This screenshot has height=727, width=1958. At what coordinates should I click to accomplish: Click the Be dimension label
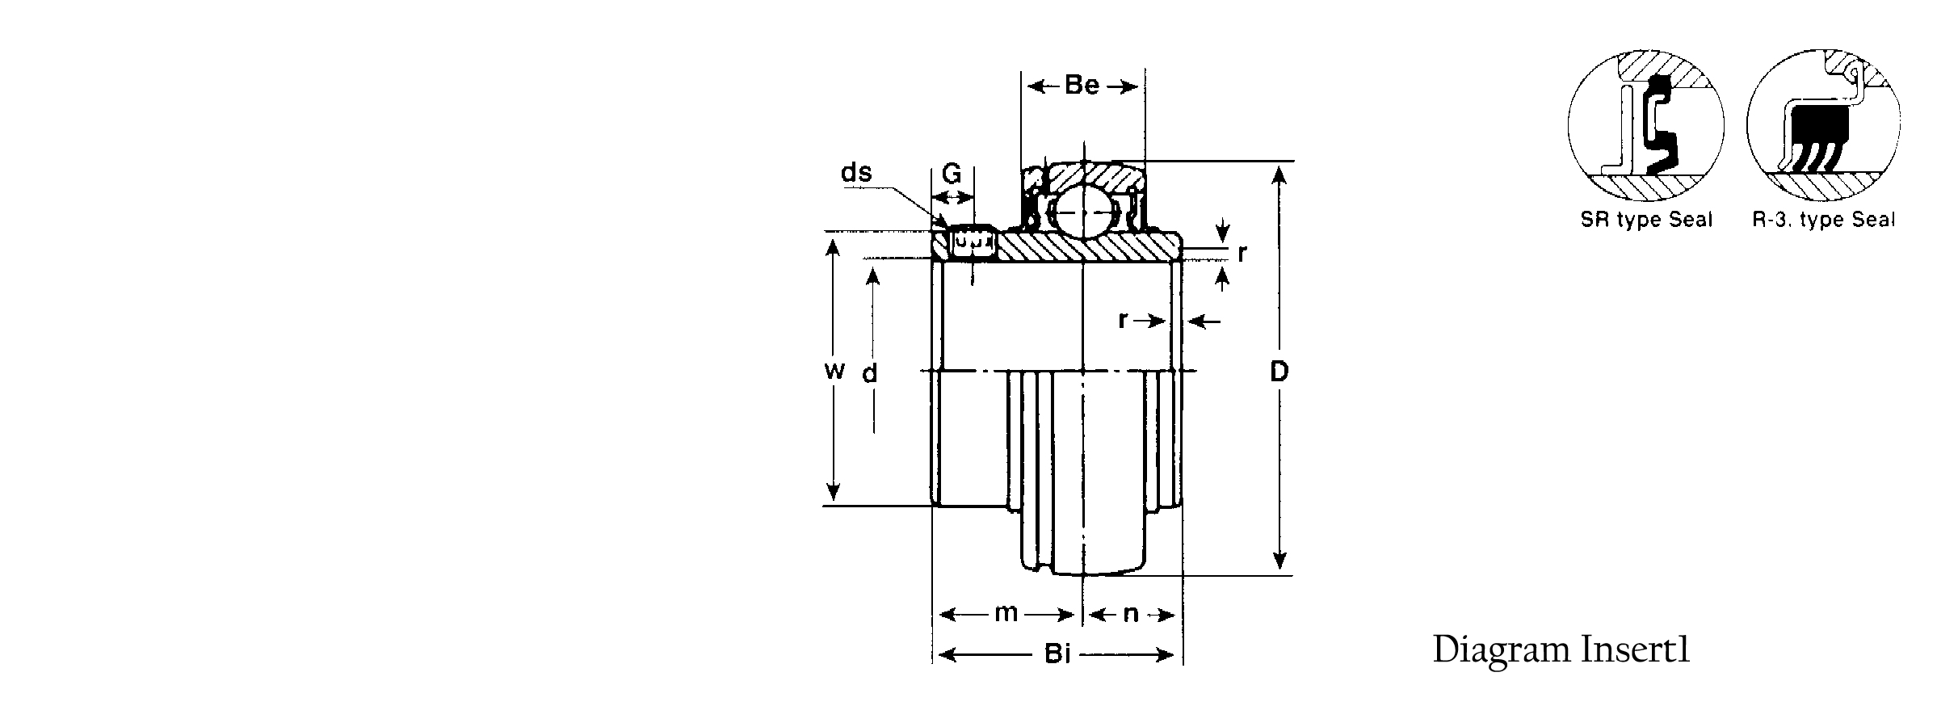(1082, 86)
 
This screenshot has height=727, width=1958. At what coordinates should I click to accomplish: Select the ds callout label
(857, 173)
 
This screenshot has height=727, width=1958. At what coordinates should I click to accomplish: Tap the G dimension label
(952, 174)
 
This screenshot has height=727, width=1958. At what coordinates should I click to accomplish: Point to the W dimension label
(835, 371)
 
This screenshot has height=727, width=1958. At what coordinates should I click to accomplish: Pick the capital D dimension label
(1279, 372)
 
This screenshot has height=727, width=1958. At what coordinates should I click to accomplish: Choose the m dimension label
(1006, 615)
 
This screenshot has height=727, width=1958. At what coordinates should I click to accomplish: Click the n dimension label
(1131, 616)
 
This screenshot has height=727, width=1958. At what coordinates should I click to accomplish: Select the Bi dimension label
(1057, 653)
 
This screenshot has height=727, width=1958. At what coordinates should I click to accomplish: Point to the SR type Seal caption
(1646, 221)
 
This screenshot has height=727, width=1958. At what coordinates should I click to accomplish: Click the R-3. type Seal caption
(1823, 221)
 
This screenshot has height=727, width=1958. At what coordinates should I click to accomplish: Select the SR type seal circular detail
(1645, 126)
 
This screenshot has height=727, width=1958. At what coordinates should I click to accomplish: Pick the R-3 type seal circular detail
(1823, 126)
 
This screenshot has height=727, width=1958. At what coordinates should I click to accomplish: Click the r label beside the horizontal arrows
(1123, 321)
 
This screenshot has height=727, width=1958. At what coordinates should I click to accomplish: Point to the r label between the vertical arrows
(1242, 254)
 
